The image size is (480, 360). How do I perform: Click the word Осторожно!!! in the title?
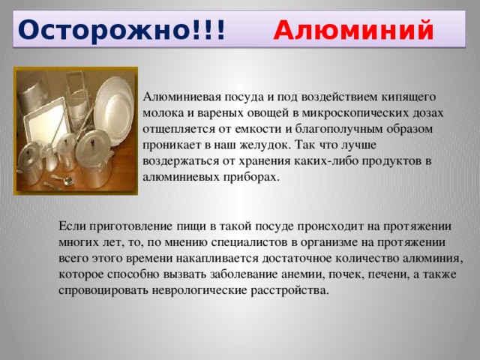click(121, 30)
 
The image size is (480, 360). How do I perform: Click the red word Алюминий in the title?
click(353, 30)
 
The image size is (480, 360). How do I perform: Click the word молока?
click(163, 113)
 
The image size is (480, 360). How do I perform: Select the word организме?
click(328, 243)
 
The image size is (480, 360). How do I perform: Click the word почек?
click(346, 274)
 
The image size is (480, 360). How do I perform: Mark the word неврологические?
click(199, 290)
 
